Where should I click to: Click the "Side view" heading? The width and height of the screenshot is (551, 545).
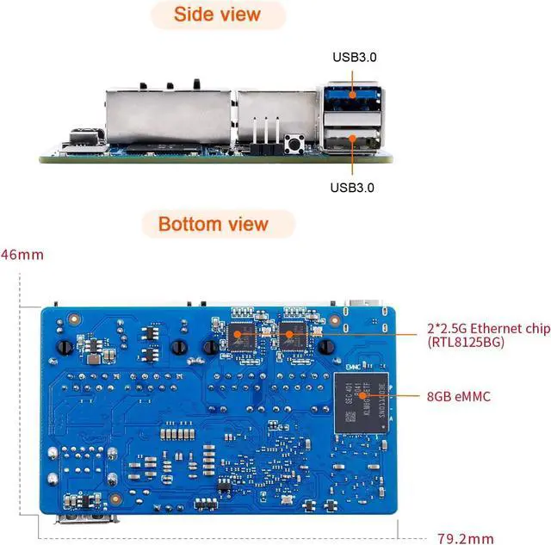[216, 15]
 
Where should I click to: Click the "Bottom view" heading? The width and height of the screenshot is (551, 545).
[213, 225]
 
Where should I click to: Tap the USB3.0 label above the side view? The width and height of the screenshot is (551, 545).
[355, 58]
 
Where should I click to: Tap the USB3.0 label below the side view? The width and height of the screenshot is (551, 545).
[353, 187]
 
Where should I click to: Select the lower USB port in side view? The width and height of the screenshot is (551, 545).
[354, 137]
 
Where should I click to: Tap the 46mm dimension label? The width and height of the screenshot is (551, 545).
[22, 255]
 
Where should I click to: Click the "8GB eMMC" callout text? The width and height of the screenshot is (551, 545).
[460, 396]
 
